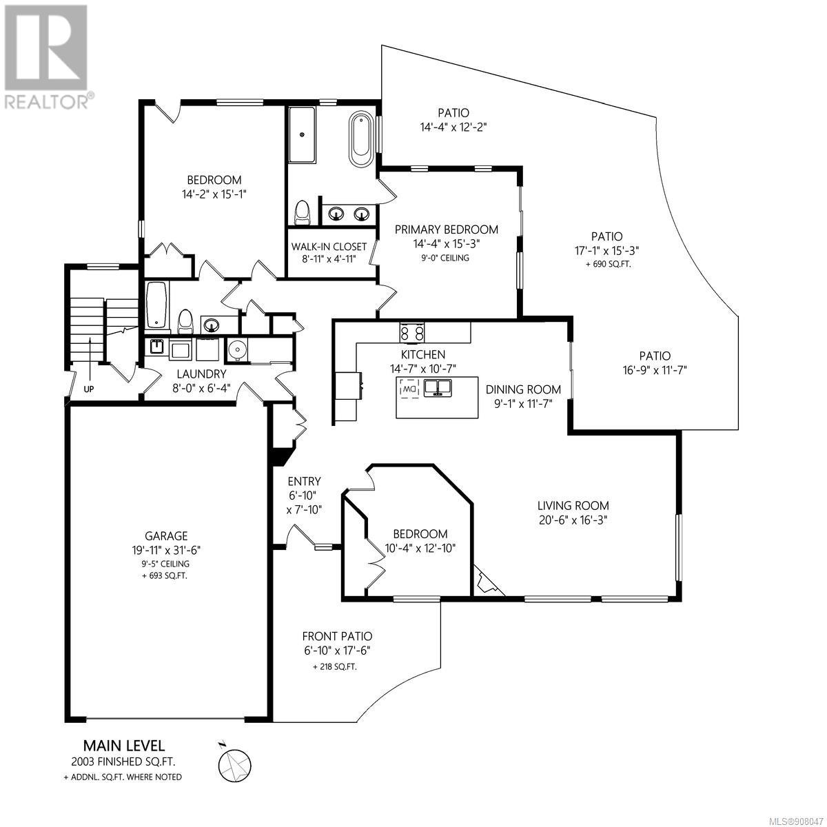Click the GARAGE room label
(166, 535)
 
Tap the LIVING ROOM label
(573, 506)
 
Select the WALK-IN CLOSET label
(329, 247)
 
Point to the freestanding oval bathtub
(360, 139)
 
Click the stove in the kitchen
(412, 333)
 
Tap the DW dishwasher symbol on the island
(409, 389)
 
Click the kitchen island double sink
(438, 388)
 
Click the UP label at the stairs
(88, 389)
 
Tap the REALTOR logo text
(48, 101)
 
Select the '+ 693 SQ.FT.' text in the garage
(165, 576)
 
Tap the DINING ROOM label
(523, 389)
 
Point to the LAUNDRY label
(201, 374)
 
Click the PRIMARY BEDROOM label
(447, 229)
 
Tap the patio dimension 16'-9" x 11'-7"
(655, 370)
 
